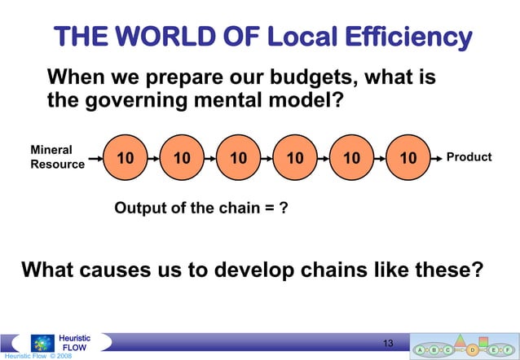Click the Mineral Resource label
coord(57,157)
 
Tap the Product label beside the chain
coord(469,156)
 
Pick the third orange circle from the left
coord(239,157)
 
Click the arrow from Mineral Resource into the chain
coord(95,157)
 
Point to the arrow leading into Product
coord(437,157)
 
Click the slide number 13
coord(388,341)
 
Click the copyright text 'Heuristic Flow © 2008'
coord(36,356)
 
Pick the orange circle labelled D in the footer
coord(474,349)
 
